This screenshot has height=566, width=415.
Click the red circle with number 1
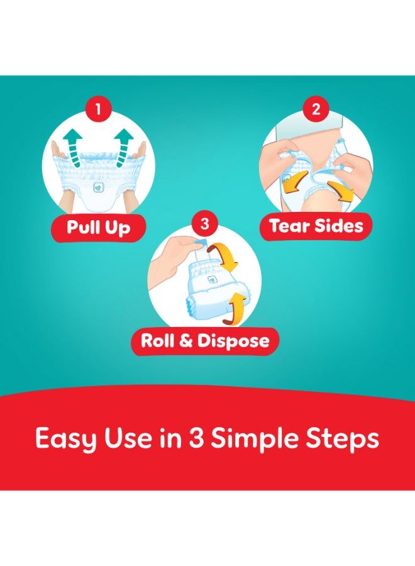(x=97, y=109)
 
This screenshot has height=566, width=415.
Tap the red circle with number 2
(x=316, y=109)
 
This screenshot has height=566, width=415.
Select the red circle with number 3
(x=204, y=224)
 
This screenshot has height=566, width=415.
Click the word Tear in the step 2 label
(x=290, y=226)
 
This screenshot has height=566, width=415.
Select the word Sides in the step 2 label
(x=338, y=226)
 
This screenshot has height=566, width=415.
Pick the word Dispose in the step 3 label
(x=233, y=341)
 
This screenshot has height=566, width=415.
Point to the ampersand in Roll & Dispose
(x=186, y=341)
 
